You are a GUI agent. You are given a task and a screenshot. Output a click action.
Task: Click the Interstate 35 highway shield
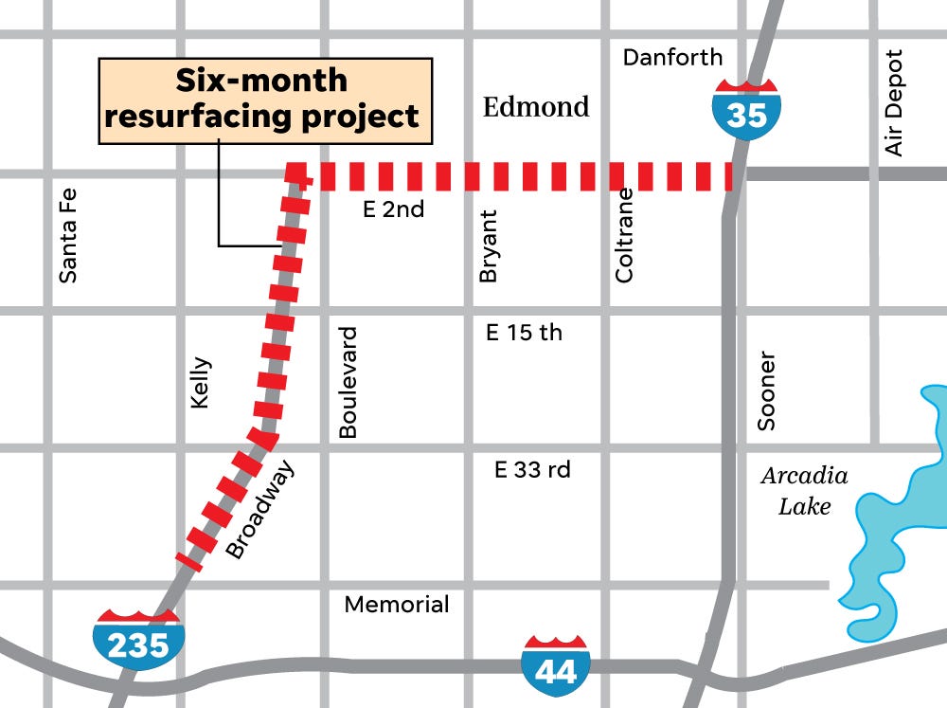tap(747, 108)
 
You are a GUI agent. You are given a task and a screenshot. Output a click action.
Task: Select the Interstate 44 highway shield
tap(555, 664)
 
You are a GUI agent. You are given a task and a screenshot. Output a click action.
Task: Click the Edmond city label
tap(536, 106)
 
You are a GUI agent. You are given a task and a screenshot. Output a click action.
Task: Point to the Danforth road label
tap(672, 58)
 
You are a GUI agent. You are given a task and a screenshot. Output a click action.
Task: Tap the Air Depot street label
tap(894, 103)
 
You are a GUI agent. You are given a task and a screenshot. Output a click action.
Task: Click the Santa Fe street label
tap(67, 234)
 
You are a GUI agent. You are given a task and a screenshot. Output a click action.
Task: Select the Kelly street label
tap(201, 383)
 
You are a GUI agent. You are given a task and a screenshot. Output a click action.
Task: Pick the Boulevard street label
tap(348, 383)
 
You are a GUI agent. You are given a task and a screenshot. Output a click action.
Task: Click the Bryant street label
tap(489, 246)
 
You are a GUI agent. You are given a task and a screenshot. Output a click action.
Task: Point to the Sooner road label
tap(766, 391)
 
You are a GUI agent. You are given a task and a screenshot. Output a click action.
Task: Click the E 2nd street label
tap(394, 209)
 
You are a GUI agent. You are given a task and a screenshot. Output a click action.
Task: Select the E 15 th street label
tap(524, 333)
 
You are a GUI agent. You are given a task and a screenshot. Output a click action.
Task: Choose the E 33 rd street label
tap(532, 469)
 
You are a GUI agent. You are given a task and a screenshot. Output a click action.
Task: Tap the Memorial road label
tap(397, 604)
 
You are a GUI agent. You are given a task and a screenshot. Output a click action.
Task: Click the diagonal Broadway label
tap(260, 509)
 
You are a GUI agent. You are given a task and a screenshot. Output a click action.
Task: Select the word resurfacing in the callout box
tap(195, 117)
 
